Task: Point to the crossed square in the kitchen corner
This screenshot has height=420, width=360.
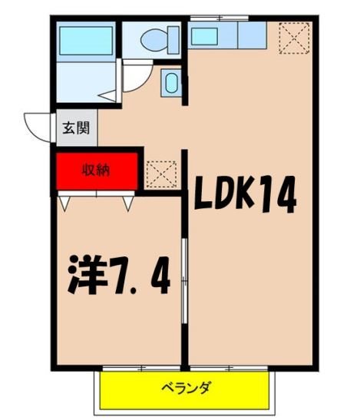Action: point(294,36)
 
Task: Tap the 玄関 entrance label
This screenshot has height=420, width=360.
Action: point(75,128)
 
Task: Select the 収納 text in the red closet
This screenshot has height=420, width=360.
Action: point(97,170)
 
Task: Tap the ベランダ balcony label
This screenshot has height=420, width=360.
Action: point(186,388)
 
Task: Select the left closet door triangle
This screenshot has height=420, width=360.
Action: point(64,204)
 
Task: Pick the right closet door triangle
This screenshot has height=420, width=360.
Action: point(128,203)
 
